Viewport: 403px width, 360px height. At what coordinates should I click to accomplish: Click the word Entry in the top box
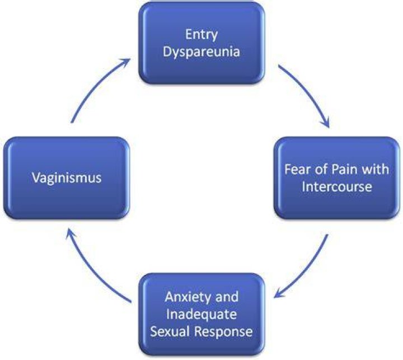(x=201, y=35)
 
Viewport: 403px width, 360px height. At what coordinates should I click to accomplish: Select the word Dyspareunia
(x=201, y=52)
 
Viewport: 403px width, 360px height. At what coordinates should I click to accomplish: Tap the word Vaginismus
(x=67, y=178)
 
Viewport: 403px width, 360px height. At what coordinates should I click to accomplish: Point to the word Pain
(x=343, y=170)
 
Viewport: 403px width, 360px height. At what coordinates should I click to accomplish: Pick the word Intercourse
(x=337, y=186)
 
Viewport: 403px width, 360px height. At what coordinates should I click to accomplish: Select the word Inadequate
(x=201, y=314)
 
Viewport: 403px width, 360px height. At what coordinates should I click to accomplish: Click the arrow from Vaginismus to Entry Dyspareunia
(x=95, y=85)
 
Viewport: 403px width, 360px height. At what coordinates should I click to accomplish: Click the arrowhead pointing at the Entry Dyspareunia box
(x=125, y=62)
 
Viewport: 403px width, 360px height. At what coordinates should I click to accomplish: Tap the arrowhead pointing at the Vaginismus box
(x=70, y=233)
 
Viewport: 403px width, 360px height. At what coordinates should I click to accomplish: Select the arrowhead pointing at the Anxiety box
(x=278, y=294)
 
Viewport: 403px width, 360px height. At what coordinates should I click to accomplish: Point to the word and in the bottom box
(x=227, y=297)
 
